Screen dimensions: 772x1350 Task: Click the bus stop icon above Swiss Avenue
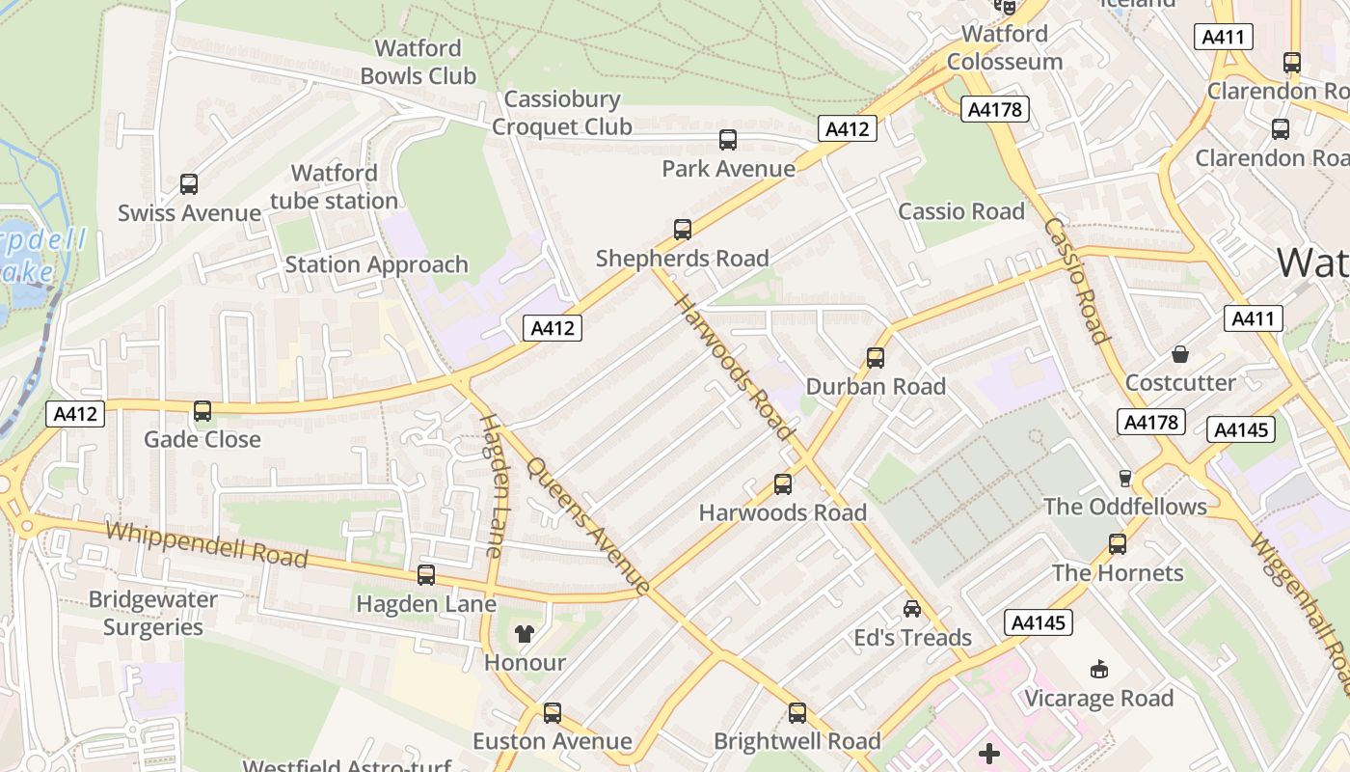[189, 183]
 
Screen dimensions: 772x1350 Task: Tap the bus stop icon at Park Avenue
[728, 140]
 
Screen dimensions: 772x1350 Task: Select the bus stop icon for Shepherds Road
[683, 230]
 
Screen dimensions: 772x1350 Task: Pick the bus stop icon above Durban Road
[876, 358]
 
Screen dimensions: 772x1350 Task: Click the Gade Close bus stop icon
[202, 411]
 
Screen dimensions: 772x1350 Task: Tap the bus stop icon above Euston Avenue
[553, 713]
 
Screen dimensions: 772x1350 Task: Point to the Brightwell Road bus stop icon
[797, 713]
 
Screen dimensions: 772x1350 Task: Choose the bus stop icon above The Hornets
[1118, 544]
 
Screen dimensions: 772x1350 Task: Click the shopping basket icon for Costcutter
[1180, 354]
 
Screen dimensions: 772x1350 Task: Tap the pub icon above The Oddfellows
[1124, 478]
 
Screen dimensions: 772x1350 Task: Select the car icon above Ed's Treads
[912, 609]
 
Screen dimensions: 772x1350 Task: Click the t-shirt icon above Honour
[525, 634]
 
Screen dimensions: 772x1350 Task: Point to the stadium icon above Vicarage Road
[1098, 670]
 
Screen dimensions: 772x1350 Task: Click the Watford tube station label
[334, 187]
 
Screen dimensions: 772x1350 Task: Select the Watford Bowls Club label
[418, 62]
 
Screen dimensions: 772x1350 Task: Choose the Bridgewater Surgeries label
[153, 613]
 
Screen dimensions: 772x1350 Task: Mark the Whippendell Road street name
[206, 545]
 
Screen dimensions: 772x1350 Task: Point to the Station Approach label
[376, 264]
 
